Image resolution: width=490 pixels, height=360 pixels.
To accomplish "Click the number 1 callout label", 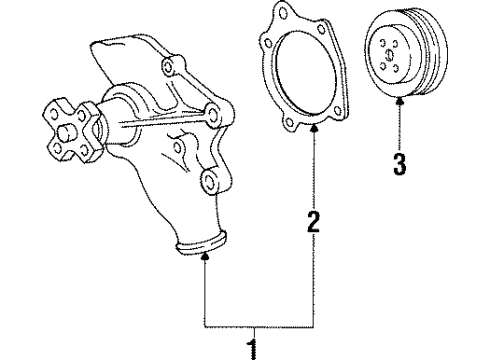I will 253,349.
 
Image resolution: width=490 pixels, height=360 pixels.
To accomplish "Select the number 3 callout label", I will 400,162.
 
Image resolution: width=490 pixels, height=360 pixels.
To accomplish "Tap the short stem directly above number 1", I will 253,334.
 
